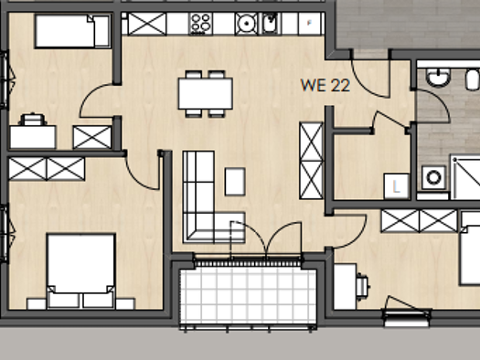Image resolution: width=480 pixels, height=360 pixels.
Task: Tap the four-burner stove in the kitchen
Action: (x=200, y=23)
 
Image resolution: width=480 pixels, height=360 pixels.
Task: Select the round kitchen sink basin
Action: (x=245, y=23)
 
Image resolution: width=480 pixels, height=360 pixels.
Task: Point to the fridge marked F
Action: (x=311, y=23)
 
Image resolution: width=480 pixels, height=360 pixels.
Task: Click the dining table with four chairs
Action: (x=204, y=93)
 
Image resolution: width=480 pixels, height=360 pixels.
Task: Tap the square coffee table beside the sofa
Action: (x=235, y=180)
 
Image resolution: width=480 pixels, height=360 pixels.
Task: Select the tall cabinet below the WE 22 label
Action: (x=311, y=161)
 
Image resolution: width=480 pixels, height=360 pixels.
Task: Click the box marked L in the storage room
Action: (x=395, y=185)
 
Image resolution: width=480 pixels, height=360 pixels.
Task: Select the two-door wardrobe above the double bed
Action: (x=47, y=168)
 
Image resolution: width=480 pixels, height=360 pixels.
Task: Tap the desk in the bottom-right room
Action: (x=345, y=286)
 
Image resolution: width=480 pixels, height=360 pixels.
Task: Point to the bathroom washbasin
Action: (x=437, y=78)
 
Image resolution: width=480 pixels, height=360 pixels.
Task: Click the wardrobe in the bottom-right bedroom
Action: (x=419, y=220)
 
